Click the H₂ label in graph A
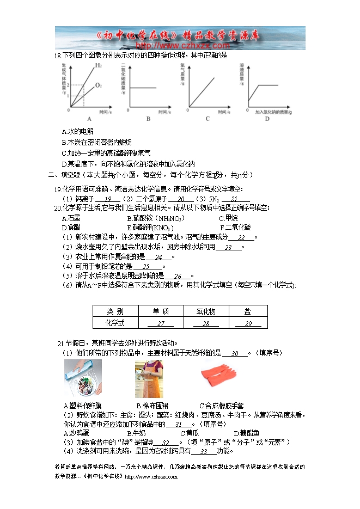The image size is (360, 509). click(x=98, y=66)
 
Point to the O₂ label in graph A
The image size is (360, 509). click(x=99, y=85)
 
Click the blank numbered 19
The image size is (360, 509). click(x=108, y=199)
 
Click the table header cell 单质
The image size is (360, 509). click(x=161, y=311)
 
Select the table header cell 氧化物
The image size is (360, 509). click(x=206, y=311)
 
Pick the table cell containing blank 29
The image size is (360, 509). click(x=248, y=323)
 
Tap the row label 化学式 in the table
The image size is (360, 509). click(x=115, y=323)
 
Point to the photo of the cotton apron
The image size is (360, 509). click(x=149, y=378)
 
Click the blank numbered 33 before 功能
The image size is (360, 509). click(x=204, y=451)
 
